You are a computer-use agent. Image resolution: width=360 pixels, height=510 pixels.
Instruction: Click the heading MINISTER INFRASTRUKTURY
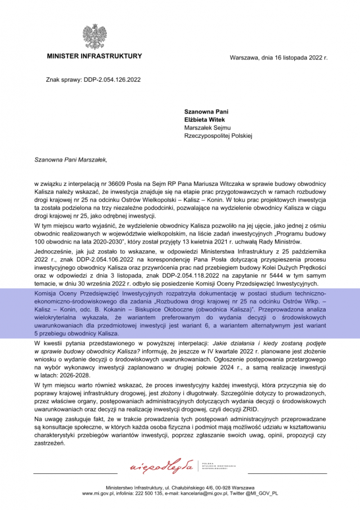[94, 57]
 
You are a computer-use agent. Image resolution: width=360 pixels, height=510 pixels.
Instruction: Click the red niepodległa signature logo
[161, 467]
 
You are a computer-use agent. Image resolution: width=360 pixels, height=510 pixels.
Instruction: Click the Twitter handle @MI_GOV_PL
[261, 493]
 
